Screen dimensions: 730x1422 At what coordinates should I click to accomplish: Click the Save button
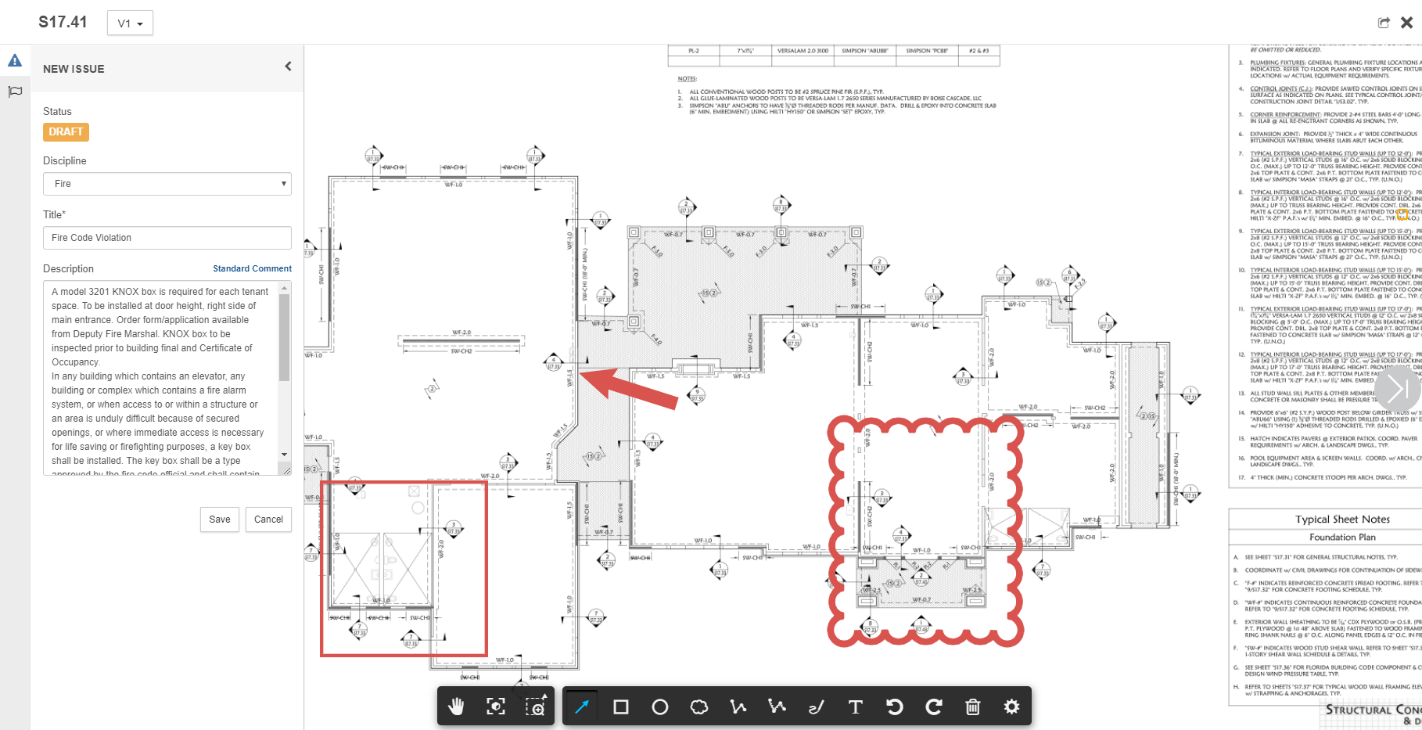tap(220, 520)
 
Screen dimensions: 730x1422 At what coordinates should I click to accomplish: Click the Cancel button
tap(268, 520)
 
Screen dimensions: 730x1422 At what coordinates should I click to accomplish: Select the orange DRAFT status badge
tap(66, 132)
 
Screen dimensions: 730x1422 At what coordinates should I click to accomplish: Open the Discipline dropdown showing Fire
tap(167, 184)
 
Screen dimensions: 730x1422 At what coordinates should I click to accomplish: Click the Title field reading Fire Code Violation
tap(167, 238)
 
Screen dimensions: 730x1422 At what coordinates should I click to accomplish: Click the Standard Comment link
tap(252, 268)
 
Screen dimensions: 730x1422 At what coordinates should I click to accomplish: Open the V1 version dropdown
tap(130, 23)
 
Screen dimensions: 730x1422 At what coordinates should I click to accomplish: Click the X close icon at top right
tap(1406, 23)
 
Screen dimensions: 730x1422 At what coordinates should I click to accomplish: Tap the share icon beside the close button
tap(1384, 23)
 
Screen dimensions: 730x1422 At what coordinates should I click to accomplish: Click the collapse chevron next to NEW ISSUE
tap(288, 67)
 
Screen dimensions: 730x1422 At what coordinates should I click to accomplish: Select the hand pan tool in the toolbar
tap(457, 707)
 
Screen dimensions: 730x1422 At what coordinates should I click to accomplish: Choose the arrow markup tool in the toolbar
tap(581, 707)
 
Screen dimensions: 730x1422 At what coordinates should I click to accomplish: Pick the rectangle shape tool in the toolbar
tap(621, 707)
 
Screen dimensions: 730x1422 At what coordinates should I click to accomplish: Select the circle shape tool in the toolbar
tap(660, 707)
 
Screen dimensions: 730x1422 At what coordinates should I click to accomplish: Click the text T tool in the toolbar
tap(855, 707)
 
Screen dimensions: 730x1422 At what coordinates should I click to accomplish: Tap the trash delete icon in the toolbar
tap(972, 707)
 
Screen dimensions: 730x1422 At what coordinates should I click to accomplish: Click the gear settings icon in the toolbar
tap(1011, 707)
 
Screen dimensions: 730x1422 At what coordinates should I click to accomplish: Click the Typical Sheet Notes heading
tap(1342, 520)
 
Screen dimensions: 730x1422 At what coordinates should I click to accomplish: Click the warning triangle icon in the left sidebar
tap(15, 60)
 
